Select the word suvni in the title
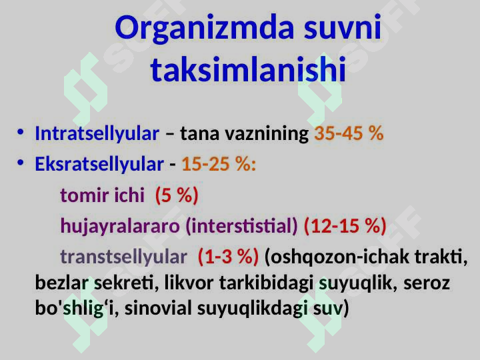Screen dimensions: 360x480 coord(343,29)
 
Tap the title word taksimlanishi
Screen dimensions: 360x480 coord(248,69)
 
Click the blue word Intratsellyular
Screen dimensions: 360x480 coord(97,133)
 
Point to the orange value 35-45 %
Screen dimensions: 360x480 coord(349,133)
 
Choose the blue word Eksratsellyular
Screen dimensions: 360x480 coord(99,164)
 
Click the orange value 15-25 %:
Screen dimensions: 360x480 coord(219,164)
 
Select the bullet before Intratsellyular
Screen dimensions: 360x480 coord(21,133)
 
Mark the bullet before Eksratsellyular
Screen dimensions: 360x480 coord(21,164)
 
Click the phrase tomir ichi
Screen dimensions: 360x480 coord(102,195)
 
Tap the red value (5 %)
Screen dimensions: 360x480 coord(177,195)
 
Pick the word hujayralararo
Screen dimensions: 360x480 coord(120,226)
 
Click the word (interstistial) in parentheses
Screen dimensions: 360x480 coord(242,226)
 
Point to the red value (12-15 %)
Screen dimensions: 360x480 coord(345,226)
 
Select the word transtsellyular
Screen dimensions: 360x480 coord(124,257)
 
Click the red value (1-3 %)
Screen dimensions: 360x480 coord(228,257)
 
